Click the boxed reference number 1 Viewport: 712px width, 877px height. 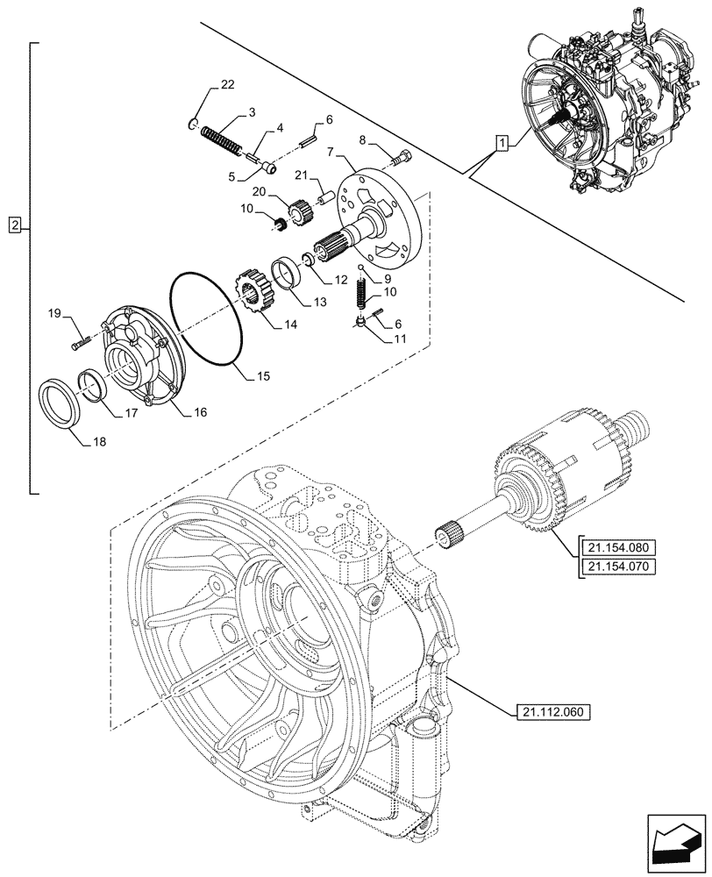[x=500, y=142]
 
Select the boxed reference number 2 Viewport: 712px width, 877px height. [x=16, y=227]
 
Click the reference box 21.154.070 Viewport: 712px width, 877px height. [x=617, y=567]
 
